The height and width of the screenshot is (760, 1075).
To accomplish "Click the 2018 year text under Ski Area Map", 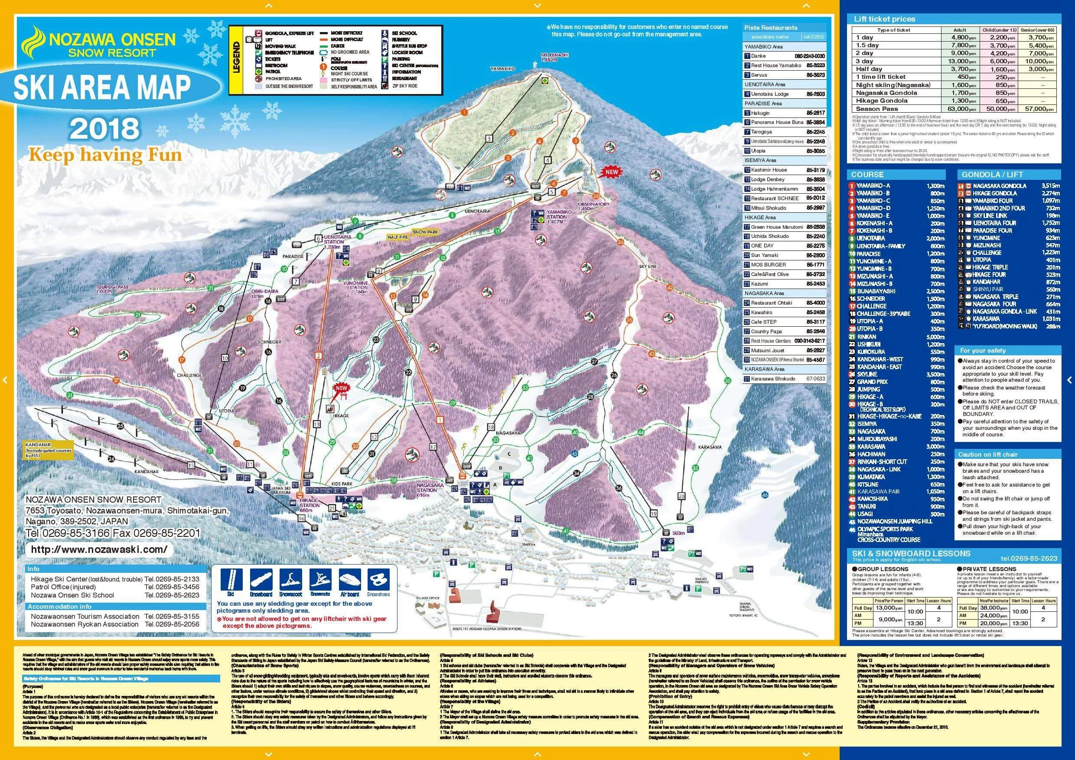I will pos(105,128).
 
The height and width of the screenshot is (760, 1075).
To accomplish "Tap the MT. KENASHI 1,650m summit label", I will pos(555,57).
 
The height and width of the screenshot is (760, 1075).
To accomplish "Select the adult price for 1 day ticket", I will pos(959,37).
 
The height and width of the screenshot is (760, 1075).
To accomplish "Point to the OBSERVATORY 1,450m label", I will pos(593,206).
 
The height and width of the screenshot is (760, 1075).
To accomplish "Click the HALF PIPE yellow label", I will pos(398,237).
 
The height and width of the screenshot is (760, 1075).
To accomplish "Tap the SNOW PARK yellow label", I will pos(425,232).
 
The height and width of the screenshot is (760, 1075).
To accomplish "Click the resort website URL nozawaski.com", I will pos(98,549).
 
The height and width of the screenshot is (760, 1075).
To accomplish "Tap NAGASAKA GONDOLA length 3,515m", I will pos(1050,186).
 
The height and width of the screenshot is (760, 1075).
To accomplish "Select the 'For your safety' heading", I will pos(982,351).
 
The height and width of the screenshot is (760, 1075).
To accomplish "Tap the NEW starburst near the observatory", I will pos(612,172).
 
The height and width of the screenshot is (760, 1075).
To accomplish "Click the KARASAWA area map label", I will pos(709,447).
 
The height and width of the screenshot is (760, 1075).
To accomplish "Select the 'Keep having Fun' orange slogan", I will pos(105,154).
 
